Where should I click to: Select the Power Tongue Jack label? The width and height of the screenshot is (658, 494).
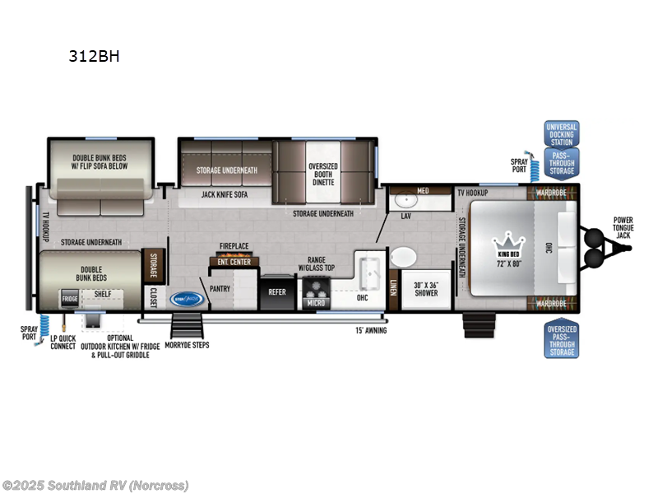(x=623, y=227)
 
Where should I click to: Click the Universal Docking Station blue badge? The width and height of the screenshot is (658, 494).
(x=562, y=133)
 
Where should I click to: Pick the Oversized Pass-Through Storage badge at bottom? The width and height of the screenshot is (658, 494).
(x=562, y=341)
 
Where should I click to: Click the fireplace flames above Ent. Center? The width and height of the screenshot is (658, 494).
(x=234, y=254)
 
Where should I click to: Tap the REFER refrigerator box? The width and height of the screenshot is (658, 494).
(x=276, y=291)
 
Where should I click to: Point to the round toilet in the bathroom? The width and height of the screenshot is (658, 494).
(x=403, y=258)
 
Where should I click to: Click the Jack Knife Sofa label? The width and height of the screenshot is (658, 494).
(x=225, y=195)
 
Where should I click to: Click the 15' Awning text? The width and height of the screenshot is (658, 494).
(x=370, y=330)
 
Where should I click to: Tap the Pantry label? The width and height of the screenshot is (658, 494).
(x=220, y=289)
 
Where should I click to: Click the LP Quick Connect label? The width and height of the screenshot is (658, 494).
(x=63, y=343)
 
